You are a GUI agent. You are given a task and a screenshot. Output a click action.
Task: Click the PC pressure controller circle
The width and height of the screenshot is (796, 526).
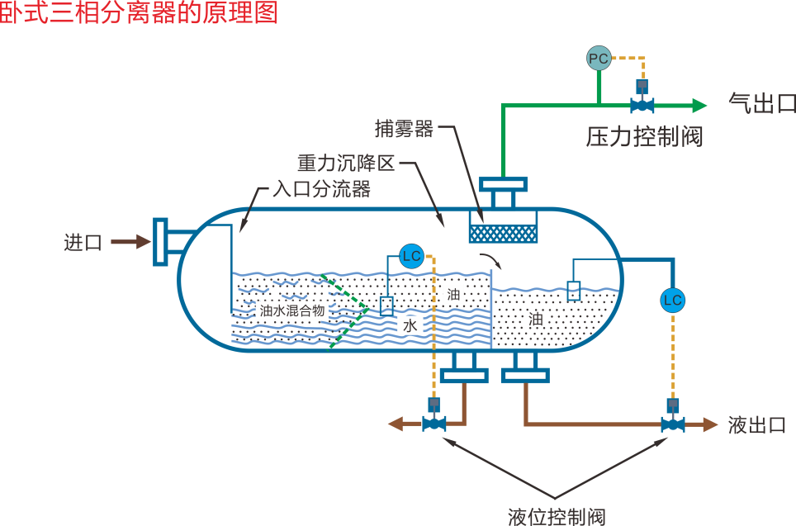599,58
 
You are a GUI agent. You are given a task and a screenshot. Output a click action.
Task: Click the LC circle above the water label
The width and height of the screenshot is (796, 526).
411,256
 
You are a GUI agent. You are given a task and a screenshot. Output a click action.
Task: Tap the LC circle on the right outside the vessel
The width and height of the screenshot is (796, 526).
673,300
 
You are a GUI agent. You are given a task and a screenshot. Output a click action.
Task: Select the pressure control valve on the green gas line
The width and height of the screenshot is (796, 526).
642,104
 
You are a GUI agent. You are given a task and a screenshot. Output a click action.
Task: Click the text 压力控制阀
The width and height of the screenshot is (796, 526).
644,136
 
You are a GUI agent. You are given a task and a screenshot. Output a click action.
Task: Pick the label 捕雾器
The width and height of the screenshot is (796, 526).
404,129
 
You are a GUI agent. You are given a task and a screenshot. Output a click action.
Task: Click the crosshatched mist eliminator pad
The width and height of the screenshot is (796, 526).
503,233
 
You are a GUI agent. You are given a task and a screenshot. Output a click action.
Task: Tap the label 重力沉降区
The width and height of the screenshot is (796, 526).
347,163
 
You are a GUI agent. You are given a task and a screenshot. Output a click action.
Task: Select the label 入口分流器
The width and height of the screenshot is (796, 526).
321,189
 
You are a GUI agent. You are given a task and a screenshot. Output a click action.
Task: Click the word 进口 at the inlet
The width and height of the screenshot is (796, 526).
83,243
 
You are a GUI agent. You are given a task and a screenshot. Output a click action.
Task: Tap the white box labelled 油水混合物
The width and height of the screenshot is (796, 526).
292,310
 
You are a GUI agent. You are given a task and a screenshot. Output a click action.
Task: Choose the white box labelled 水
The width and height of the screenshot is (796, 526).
410,325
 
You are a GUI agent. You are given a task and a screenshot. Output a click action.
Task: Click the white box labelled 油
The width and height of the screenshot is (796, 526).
453,295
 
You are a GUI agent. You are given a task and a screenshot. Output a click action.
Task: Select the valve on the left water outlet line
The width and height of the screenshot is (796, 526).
434,422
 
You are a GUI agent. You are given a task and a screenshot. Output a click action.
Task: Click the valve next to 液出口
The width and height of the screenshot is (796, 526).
673,424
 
